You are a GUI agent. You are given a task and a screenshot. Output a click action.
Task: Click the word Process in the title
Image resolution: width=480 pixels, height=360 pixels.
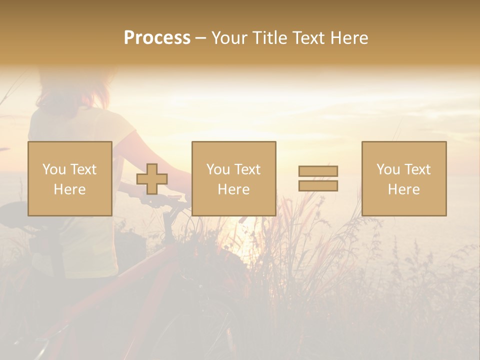[x=157, y=38]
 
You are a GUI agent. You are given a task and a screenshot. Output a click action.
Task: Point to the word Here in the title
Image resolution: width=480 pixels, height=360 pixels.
[x=349, y=38]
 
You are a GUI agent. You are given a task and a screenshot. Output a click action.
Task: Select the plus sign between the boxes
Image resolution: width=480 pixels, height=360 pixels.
[x=152, y=179]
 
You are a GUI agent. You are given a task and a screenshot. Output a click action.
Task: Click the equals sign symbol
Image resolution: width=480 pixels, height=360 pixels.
[x=318, y=178]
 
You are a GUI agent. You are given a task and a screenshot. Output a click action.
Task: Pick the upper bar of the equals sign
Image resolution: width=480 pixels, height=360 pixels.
[x=318, y=171]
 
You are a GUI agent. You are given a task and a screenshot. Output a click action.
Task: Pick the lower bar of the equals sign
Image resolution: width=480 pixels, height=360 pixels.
[x=318, y=185]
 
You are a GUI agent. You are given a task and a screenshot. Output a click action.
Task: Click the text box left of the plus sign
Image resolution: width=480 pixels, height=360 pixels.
[x=70, y=178]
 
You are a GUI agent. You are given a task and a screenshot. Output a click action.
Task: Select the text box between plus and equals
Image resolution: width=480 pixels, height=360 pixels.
[x=234, y=178]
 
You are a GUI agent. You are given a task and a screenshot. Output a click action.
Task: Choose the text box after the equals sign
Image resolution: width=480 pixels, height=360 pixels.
[x=404, y=178]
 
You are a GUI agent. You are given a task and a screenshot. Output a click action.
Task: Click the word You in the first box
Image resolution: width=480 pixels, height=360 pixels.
[x=53, y=169]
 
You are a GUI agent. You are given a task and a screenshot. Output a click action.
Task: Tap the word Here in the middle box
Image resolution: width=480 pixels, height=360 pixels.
[x=234, y=189]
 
